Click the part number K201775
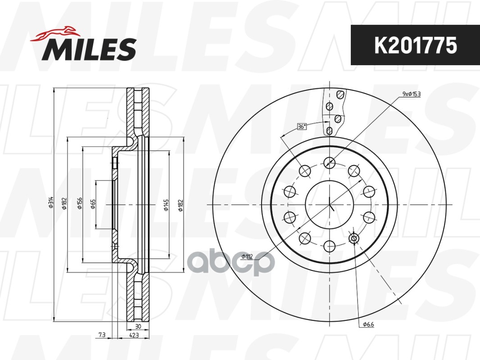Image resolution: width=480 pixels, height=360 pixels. pos(416,45)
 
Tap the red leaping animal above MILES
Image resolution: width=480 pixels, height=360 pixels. pos(54,33)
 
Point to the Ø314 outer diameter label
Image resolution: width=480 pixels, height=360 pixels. pos(51,202)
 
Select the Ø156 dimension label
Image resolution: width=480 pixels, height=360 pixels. pos(80,203)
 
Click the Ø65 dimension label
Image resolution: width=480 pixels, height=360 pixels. pos(93,204)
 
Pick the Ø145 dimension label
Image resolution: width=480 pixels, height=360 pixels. pos(166,205)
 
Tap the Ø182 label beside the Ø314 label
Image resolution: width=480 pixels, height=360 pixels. pos(64,203)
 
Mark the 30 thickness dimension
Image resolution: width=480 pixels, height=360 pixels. pos(138,326)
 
